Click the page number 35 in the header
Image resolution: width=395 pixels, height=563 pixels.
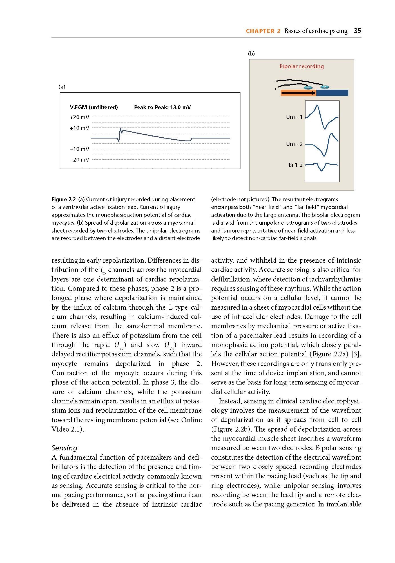point(357,31)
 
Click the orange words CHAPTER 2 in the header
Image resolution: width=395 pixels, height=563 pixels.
point(263,31)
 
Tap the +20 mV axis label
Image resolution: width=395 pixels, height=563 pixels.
point(79,117)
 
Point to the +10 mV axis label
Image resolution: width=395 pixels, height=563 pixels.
point(79,128)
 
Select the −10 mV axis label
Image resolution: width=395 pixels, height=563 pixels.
point(79,149)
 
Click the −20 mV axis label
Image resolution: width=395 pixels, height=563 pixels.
point(79,160)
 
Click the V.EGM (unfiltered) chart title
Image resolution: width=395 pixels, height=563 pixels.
point(94,107)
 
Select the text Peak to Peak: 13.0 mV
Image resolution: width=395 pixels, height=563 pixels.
point(162,107)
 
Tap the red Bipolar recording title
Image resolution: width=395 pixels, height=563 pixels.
point(302,66)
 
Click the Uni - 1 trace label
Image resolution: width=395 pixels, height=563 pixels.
point(294,117)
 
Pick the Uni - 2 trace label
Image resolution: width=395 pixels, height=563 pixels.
point(294,144)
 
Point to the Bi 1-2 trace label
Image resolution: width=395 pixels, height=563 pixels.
point(295,165)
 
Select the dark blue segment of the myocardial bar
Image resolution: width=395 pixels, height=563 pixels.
point(332,93)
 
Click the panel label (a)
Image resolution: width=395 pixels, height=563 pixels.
point(62,87)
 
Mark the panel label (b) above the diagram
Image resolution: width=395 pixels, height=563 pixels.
point(251,53)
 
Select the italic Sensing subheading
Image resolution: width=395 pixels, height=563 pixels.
point(64,448)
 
